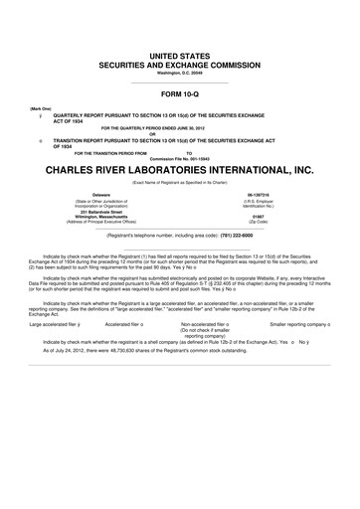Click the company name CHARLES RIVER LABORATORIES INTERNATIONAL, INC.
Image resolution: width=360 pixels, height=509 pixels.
click(x=180, y=170)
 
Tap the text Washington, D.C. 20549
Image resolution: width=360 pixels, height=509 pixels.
click(x=180, y=73)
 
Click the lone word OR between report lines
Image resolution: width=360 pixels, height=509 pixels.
click(x=180, y=134)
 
